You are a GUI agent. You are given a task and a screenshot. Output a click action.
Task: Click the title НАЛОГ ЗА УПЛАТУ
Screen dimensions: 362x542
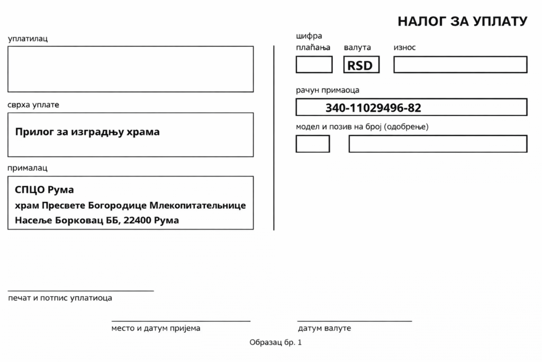[462, 21]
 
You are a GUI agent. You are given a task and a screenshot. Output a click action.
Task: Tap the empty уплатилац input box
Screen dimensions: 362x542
[130, 69]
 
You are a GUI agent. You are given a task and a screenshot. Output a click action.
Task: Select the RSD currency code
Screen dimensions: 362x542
[360, 65]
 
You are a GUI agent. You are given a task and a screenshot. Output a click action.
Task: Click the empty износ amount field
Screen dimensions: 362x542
[460, 65]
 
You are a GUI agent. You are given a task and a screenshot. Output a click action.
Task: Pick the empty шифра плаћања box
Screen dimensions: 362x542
[314, 65]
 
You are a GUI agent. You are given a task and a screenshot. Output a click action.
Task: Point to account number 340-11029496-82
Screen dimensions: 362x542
[373, 108]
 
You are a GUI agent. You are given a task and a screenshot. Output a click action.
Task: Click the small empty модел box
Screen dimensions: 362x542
[313, 144]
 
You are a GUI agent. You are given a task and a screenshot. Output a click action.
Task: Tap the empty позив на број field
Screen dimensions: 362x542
[438, 144]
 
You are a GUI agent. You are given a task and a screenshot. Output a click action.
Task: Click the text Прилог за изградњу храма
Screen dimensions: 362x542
[87, 132]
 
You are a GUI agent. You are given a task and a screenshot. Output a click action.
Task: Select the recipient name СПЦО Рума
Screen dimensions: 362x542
[44, 190]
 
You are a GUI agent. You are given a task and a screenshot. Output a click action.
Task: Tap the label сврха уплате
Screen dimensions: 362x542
[33, 104]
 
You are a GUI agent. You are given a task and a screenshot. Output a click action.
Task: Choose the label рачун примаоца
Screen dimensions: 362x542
[328, 90]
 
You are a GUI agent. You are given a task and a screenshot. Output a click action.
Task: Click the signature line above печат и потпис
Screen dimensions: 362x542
[80, 291]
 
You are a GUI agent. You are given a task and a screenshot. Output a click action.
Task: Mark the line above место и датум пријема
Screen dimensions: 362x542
[180, 321]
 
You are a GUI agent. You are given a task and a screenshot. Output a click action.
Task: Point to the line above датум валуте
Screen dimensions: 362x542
[354, 321]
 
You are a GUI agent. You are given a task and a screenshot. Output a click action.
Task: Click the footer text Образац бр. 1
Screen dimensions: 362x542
[275, 343]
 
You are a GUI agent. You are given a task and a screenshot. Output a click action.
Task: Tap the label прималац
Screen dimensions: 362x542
[28, 168]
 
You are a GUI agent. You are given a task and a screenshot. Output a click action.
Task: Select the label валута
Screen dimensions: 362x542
[357, 48]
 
